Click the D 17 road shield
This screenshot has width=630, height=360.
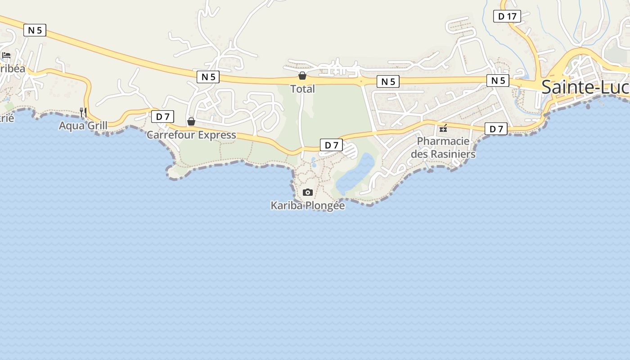pos(507,17)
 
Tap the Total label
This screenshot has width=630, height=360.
pos(302,89)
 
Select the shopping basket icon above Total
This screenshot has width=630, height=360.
pos(302,76)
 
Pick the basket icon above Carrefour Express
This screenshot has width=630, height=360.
pos(191,121)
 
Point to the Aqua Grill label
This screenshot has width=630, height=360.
pos(83,126)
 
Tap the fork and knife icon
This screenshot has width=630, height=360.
pos(83,112)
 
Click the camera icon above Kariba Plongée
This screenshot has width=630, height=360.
pos(308,193)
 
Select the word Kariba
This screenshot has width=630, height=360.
pos(287,206)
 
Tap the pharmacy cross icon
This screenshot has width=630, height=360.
pos(443,129)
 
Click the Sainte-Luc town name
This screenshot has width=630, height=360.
pos(585,87)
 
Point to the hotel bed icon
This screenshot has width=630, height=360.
pos(6,55)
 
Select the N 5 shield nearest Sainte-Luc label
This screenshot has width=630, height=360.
pos(498,81)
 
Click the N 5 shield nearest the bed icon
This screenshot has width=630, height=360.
pos(35,30)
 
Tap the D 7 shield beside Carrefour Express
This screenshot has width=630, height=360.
pos(162,117)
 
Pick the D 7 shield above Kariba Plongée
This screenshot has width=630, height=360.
pos(331,145)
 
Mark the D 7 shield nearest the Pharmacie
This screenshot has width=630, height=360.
pos(496,129)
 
